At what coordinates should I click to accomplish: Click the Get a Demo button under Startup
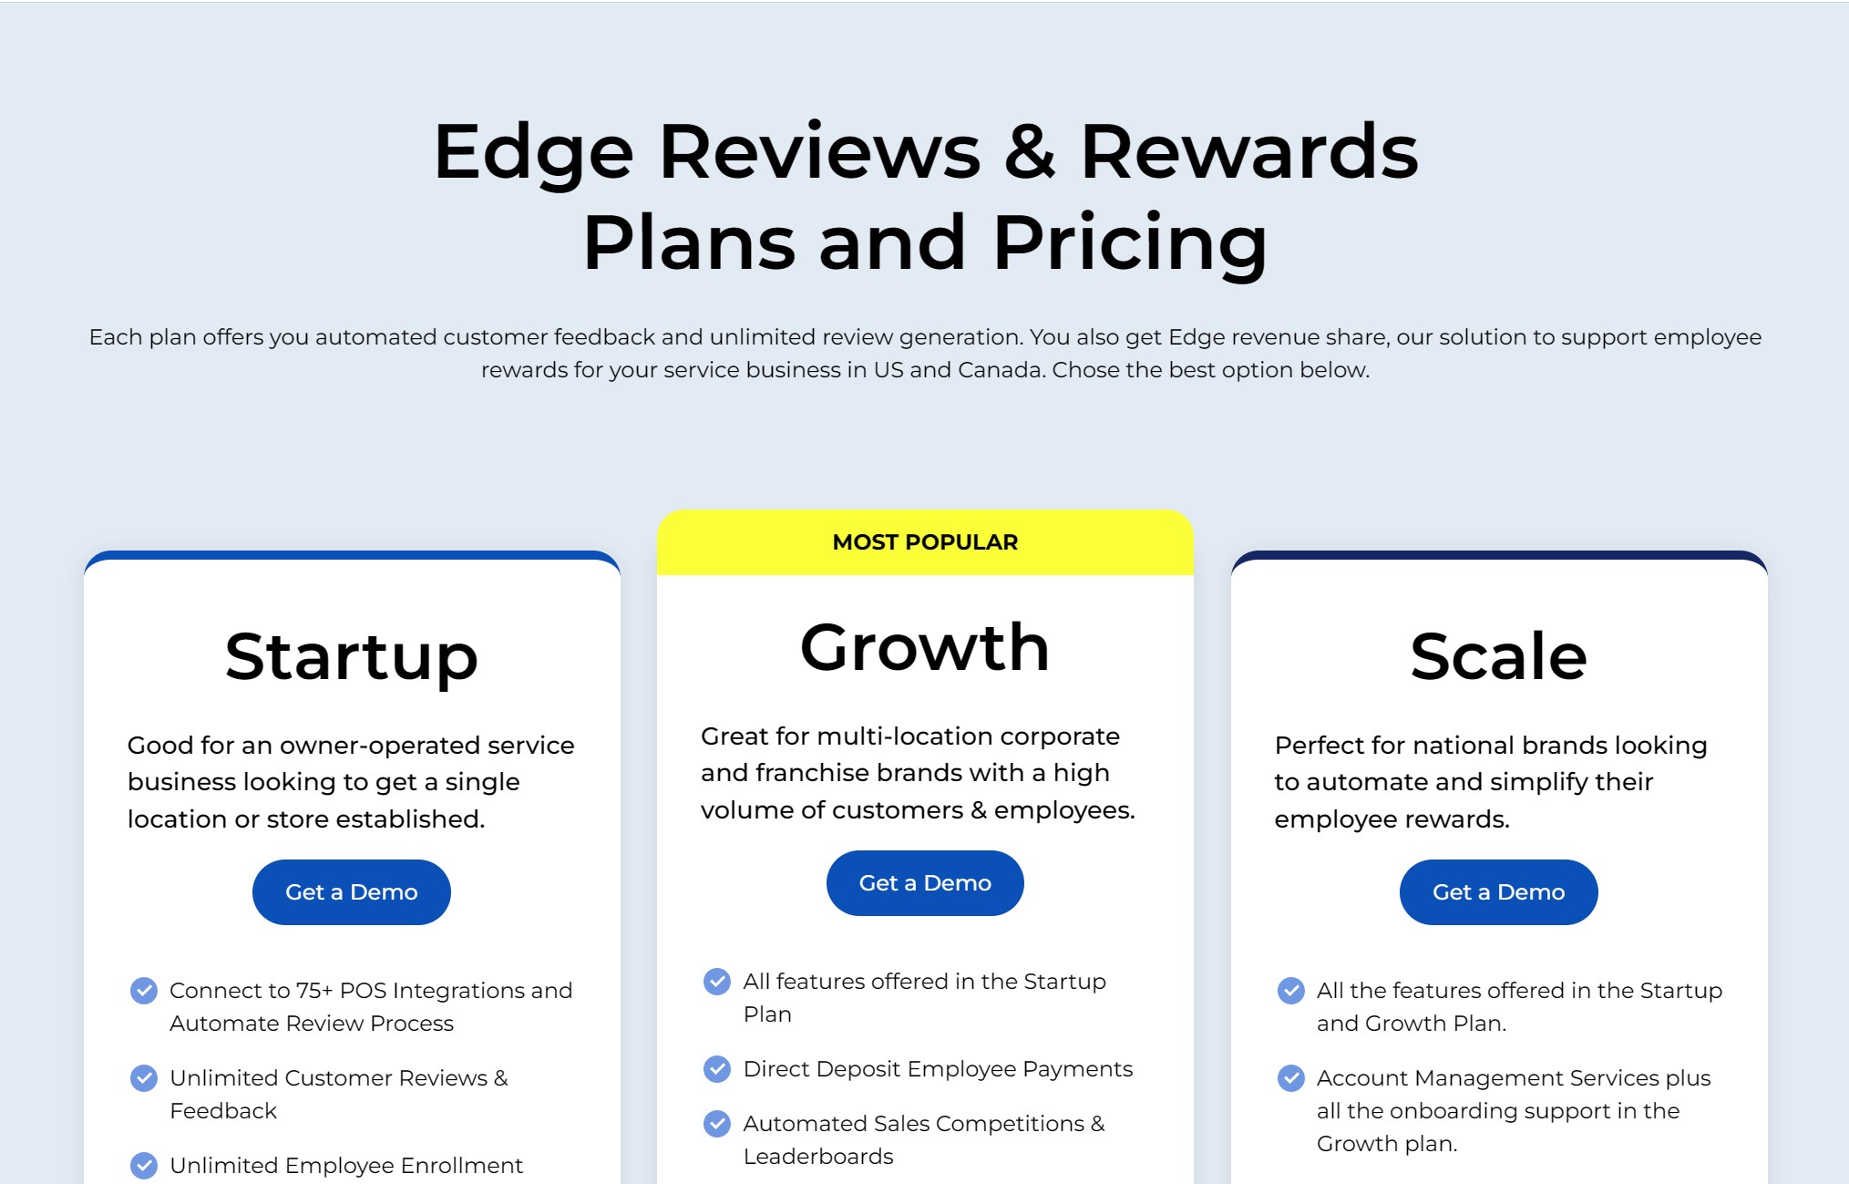click(x=351, y=892)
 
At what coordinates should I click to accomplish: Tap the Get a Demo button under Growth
click(x=925, y=883)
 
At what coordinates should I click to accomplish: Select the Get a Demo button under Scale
click(x=1498, y=892)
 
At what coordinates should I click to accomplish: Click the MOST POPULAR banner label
click(x=925, y=542)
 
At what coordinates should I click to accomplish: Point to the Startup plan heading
click(x=352, y=657)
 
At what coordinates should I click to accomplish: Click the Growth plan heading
click(x=925, y=648)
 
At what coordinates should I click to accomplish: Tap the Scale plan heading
click(x=1498, y=656)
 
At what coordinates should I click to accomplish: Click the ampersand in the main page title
click(x=1030, y=152)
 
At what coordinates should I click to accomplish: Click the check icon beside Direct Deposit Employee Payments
click(x=717, y=1069)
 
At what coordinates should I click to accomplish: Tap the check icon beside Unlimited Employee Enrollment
click(x=144, y=1166)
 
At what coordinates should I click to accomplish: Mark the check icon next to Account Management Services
click(x=1290, y=1078)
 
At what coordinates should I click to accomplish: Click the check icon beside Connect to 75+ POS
click(x=144, y=991)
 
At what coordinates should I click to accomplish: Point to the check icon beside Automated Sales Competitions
click(x=717, y=1124)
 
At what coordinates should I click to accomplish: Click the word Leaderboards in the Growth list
click(x=818, y=1157)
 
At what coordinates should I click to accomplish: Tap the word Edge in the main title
click(x=533, y=152)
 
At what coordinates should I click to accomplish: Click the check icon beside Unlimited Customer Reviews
click(x=144, y=1078)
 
